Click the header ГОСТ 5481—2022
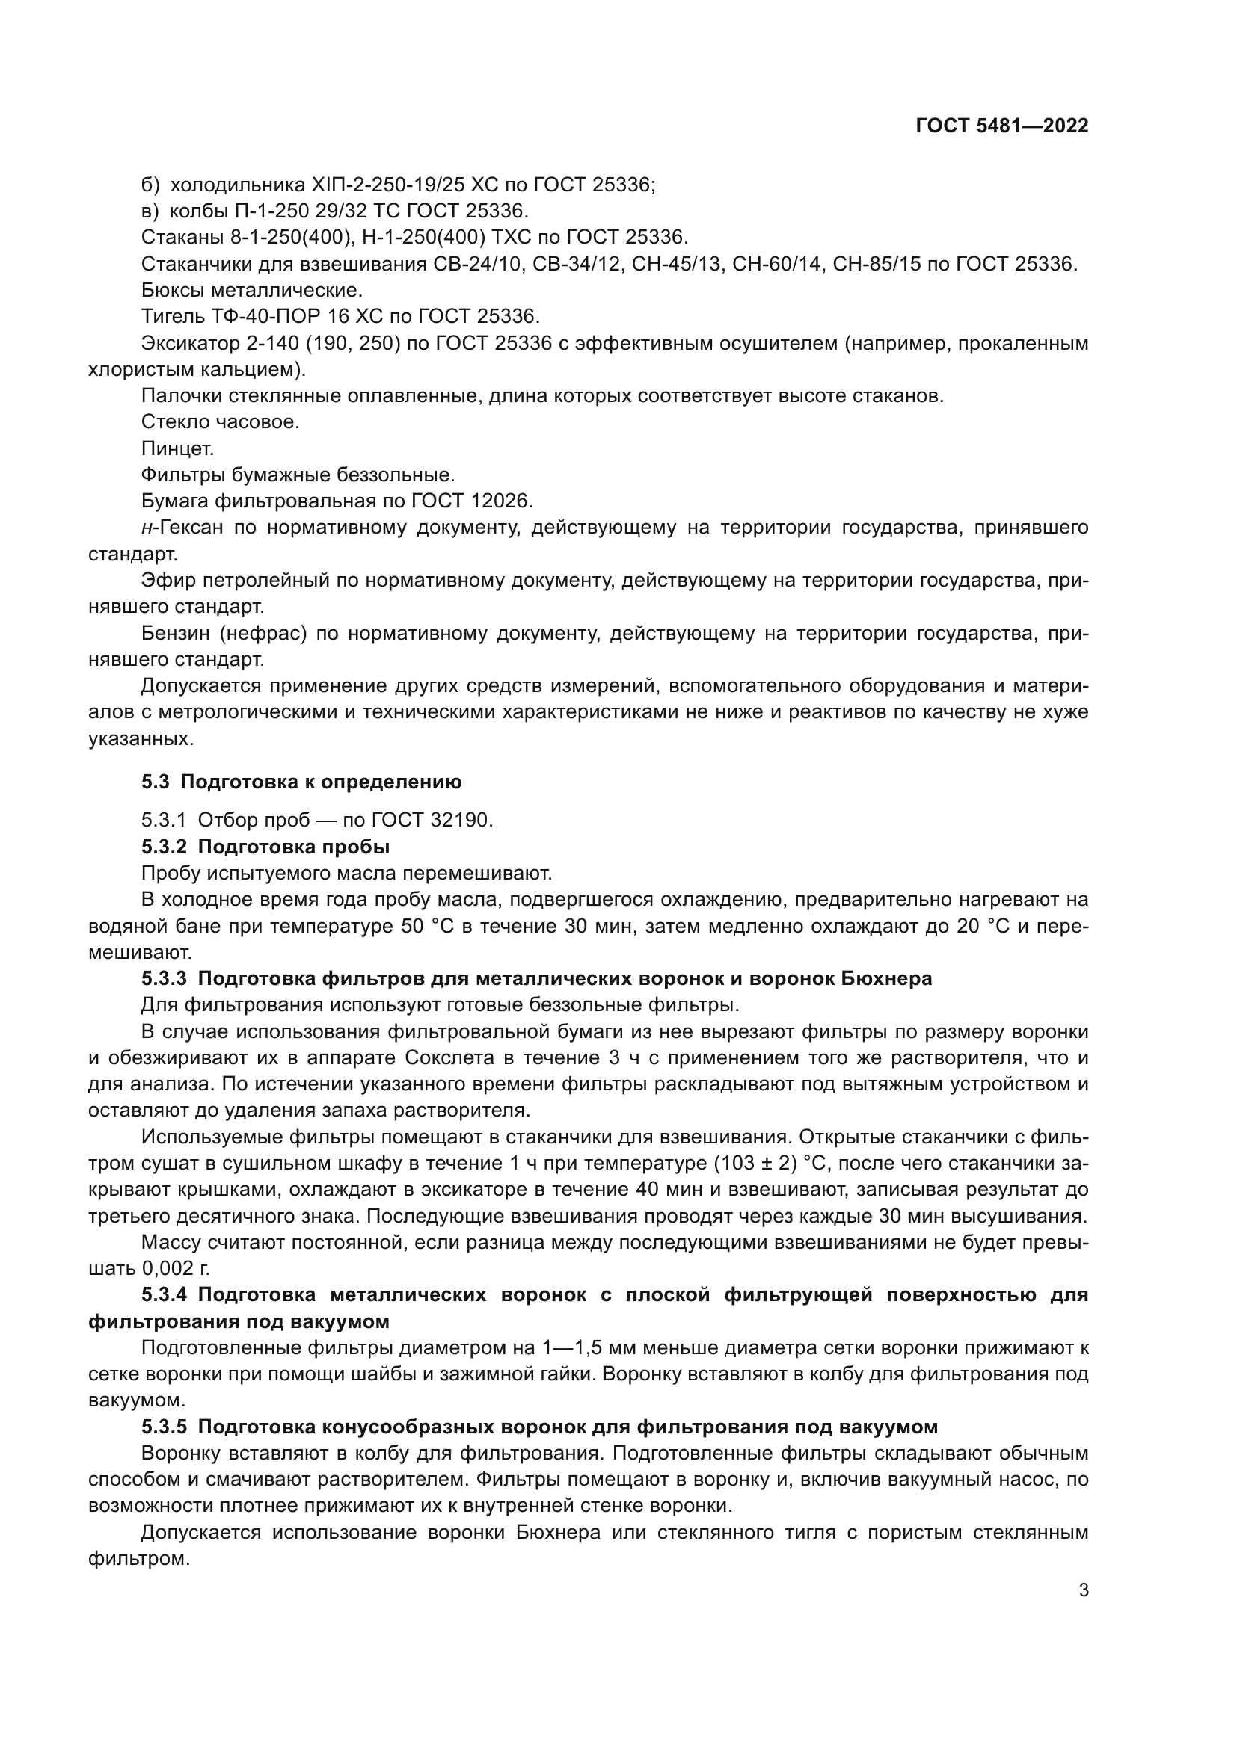pos(1001,126)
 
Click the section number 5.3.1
pos(164,820)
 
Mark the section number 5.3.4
pos(165,1295)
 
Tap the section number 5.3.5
pos(165,1427)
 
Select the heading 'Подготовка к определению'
pos(321,782)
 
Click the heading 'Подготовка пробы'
pos(294,847)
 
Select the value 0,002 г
pos(175,1268)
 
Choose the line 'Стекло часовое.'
pos(220,421)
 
